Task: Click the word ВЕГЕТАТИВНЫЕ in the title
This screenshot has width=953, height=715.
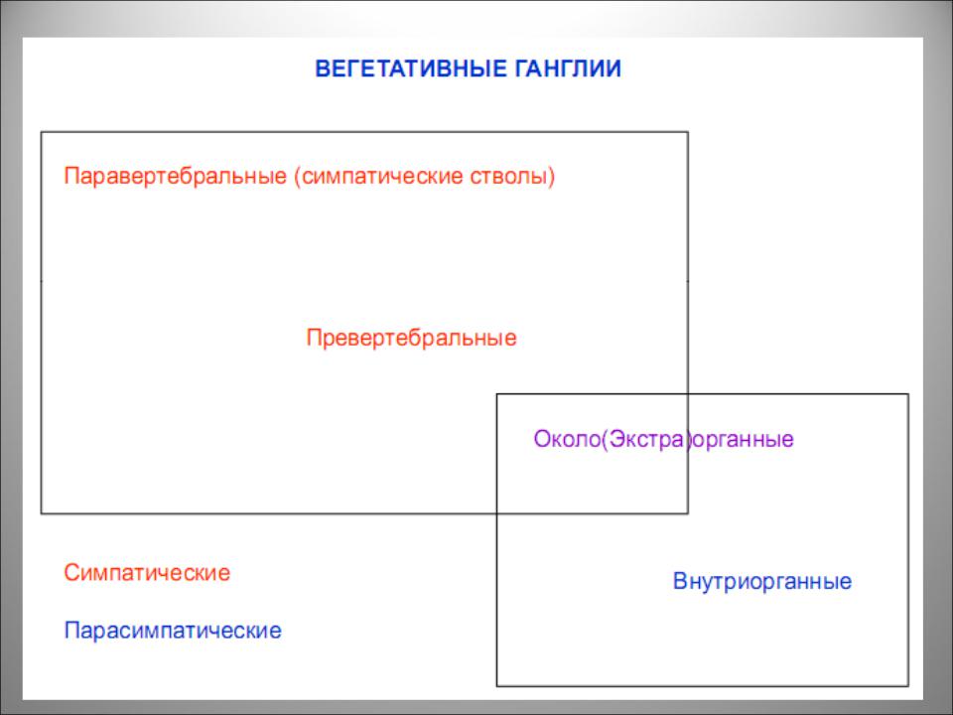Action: [411, 69]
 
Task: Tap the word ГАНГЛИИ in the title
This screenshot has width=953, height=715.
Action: [568, 69]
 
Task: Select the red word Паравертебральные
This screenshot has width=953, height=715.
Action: [175, 177]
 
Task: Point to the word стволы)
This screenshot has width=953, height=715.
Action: [512, 177]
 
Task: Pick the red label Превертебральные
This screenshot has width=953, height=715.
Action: [411, 338]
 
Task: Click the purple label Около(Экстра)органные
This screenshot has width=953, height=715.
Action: [664, 439]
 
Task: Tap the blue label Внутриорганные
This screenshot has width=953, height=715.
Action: [762, 581]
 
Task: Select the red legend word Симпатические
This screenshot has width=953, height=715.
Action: [147, 573]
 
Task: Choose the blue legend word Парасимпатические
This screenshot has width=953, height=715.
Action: [173, 631]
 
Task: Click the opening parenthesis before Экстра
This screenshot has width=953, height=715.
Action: [605, 439]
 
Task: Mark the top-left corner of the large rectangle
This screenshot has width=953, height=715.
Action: [42, 132]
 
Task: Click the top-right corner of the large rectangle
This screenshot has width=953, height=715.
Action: [688, 132]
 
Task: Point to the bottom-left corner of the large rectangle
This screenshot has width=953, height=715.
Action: [42, 513]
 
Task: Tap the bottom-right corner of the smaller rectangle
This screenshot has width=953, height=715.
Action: [908, 686]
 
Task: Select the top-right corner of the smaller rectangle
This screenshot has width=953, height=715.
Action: [908, 394]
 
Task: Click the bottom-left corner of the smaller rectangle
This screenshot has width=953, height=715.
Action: [497, 686]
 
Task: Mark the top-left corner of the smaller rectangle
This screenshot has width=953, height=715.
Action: [497, 394]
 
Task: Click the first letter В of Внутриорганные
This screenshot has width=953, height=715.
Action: [680, 581]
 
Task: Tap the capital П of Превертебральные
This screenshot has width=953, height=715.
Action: [314, 338]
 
